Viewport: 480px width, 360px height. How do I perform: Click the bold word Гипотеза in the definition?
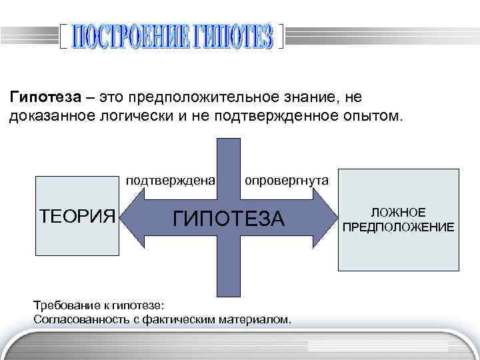pos(46,97)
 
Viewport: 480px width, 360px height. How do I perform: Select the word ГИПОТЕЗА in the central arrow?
pos(229,218)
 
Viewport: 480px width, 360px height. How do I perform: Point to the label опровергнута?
pos(286,180)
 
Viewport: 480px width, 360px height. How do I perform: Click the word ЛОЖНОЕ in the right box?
pos(399,213)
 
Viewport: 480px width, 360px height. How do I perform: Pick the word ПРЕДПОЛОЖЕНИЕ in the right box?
pos(399,227)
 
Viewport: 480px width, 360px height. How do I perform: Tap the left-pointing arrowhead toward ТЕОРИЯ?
pos(133,217)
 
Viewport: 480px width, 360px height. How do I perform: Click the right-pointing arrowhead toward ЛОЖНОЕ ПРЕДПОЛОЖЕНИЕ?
pos(326,217)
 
